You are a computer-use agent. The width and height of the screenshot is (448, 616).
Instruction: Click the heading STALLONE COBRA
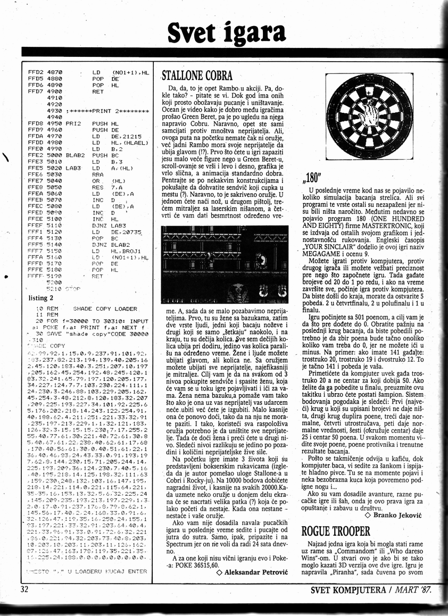point(197,75)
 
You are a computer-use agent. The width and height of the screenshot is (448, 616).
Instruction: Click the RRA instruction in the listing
point(98,173)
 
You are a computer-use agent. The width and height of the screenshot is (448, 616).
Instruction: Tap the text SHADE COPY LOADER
point(105,309)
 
